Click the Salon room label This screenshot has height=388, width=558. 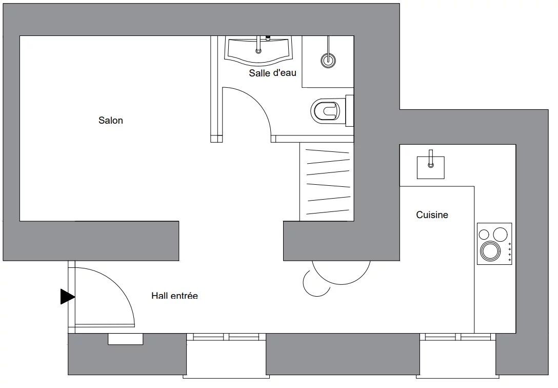pos(111,120)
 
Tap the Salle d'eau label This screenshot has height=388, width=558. pos(273,73)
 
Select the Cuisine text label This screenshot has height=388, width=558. pos(432,215)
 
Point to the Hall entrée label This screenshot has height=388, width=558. pos(174,296)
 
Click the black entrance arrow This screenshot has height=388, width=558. pos(67,297)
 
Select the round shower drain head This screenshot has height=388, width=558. pos(328,60)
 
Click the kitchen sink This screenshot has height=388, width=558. pos(431,167)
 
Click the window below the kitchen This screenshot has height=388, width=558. pos(458,337)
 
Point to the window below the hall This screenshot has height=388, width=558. pos(226,337)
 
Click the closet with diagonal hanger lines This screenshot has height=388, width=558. pos(327,182)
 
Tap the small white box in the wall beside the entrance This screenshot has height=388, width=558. pos(126,339)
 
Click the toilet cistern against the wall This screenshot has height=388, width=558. pos(349,111)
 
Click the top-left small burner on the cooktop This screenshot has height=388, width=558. pos(484,235)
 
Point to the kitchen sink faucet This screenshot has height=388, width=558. pos(431,159)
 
